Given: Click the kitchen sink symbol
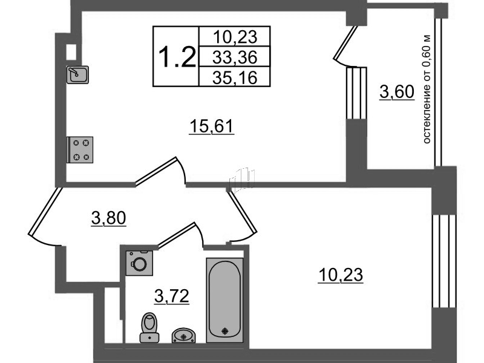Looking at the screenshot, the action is click(x=77, y=74).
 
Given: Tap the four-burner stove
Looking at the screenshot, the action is click(x=80, y=149).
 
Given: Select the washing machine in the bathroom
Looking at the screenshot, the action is click(x=140, y=263).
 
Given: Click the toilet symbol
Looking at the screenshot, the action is click(x=149, y=327).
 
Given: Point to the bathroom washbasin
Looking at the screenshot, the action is click(x=183, y=336).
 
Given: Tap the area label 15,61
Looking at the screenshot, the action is click(x=212, y=126).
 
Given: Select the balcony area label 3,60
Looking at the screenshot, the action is click(x=397, y=92).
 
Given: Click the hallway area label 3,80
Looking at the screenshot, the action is click(x=109, y=218).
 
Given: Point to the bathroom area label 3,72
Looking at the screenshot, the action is click(x=172, y=296).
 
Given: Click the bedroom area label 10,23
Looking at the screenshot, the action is click(x=341, y=275).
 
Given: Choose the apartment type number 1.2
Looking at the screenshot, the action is click(x=177, y=57).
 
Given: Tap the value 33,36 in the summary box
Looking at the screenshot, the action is click(x=235, y=57).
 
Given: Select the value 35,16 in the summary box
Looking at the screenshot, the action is click(x=235, y=77).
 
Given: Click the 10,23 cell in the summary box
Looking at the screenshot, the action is click(x=235, y=37).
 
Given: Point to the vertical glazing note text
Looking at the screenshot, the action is click(x=427, y=88).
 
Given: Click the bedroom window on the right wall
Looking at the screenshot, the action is click(x=444, y=261).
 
